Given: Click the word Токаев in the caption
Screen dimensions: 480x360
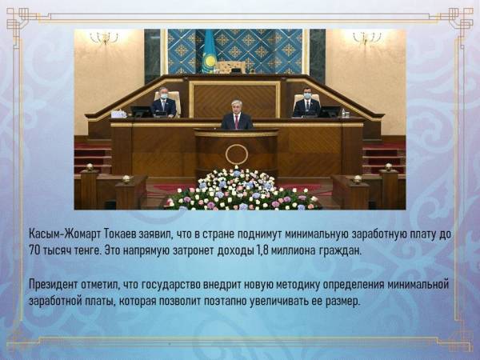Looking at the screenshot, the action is pyautogui.click(x=120, y=234).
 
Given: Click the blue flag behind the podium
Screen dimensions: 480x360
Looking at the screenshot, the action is pyautogui.click(x=209, y=51).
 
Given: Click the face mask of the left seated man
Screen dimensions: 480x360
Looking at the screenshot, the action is pyautogui.click(x=164, y=97).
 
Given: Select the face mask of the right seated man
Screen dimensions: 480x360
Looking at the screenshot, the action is pyautogui.click(x=307, y=96).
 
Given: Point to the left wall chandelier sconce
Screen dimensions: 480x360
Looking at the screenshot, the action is pyautogui.click(x=104, y=38).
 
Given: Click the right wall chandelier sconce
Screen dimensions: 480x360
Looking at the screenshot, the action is pyautogui.click(x=366, y=38).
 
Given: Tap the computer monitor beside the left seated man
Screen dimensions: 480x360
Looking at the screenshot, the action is pyautogui.click(x=142, y=111).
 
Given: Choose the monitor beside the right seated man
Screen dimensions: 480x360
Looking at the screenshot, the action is pyautogui.click(x=330, y=111).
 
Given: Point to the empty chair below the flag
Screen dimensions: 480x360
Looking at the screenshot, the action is pyautogui.click(x=231, y=67).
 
